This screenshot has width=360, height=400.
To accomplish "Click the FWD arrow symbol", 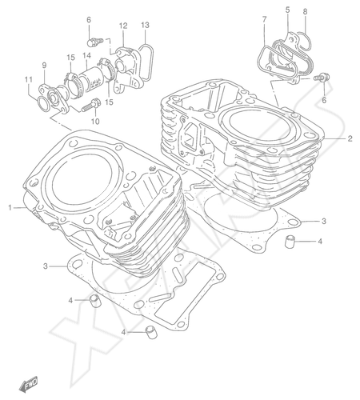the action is coord(29,384).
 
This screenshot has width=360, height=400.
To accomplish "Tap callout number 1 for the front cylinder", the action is coord(10,207).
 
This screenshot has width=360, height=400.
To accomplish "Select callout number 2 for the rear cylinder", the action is coord(350,138).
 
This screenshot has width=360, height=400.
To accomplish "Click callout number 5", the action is coord(287,10).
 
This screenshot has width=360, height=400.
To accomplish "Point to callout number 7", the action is coord(264,19).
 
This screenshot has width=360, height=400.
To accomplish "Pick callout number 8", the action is coord(305,12).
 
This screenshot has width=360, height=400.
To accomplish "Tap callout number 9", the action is coord(44,65).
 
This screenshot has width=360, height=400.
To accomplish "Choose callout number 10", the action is coord(95,122).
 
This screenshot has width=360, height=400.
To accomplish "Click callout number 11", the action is coord(29,79).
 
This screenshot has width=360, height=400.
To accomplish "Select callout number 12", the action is coord(123,26).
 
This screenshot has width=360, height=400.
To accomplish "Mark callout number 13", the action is coord(145,25).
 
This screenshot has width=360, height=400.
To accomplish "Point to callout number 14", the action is coord(86,55).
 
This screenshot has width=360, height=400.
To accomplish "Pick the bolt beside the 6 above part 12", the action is coord(94,42).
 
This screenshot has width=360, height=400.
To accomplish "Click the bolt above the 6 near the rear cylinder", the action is coord(322,77).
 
